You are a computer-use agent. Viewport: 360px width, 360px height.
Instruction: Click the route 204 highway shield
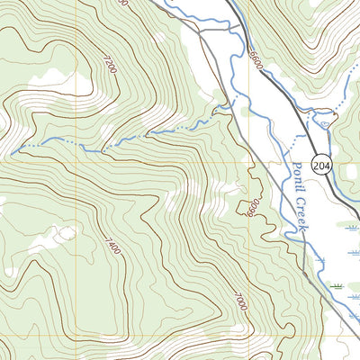pos(320,164)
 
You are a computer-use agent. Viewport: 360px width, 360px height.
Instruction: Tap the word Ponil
pos(300,176)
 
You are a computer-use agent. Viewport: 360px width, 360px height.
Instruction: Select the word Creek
pos(301,219)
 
